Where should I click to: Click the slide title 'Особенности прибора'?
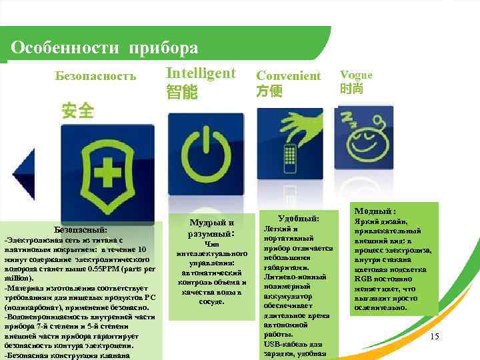pyautogui.click(x=105, y=48)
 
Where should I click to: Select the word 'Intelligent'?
pyautogui.click(x=200, y=73)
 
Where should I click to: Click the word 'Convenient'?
pyautogui.click(x=288, y=76)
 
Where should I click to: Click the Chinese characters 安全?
pyautogui.click(x=77, y=110)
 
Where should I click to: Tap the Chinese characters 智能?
pyautogui.click(x=181, y=92)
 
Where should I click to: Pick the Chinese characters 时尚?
pyautogui.click(x=351, y=89)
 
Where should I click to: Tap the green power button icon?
pyautogui.click(x=205, y=155)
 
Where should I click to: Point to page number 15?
pyautogui.click(x=434, y=337)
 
